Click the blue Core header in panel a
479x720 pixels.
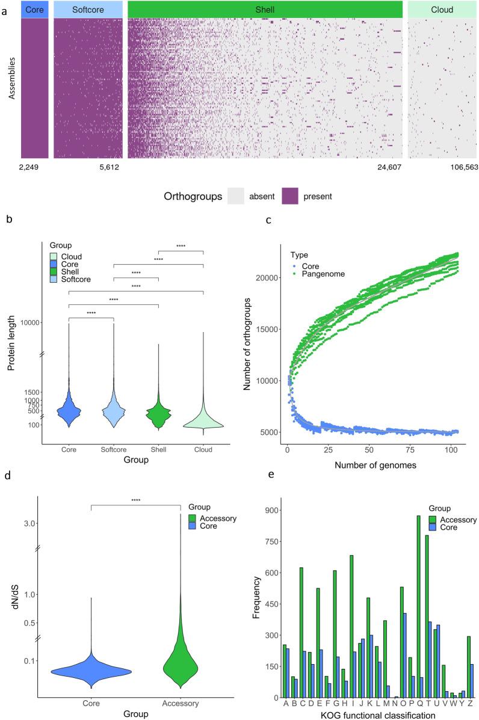point(34,10)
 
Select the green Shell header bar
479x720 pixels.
point(265,10)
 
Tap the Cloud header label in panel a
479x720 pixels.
point(442,10)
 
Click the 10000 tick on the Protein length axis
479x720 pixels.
point(30,322)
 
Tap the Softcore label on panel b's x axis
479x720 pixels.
point(114,449)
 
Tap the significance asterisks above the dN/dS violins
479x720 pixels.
point(135,500)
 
